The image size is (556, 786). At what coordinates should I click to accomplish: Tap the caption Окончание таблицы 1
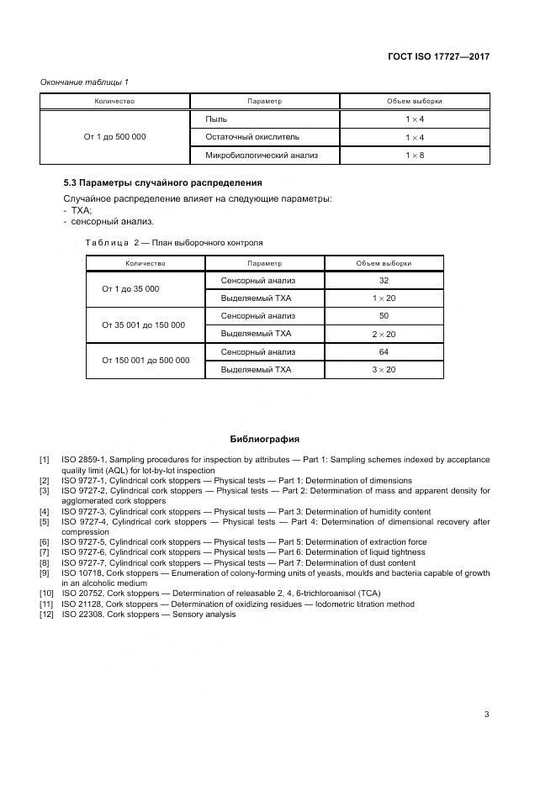click(84, 82)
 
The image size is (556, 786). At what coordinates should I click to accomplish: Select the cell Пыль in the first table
click(216, 119)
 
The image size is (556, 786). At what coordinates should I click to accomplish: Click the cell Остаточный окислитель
click(252, 136)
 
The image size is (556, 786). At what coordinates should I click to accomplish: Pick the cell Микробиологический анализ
click(262, 156)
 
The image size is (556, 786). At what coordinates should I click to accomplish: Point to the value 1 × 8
click(414, 156)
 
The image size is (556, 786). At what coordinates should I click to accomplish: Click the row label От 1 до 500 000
click(114, 136)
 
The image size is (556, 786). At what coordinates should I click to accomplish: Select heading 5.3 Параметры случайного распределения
click(162, 182)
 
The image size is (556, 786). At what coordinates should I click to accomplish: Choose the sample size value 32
click(384, 280)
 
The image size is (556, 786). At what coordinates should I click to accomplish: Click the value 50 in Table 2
click(384, 316)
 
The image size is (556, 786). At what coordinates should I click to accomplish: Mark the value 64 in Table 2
click(384, 352)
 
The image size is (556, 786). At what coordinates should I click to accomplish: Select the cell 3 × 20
click(384, 370)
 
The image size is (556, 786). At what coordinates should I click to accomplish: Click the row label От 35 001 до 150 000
click(143, 324)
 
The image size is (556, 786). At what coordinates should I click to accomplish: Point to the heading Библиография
click(264, 439)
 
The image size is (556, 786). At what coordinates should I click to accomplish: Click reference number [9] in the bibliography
click(45, 572)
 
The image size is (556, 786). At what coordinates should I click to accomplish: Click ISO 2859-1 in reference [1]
click(83, 460)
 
